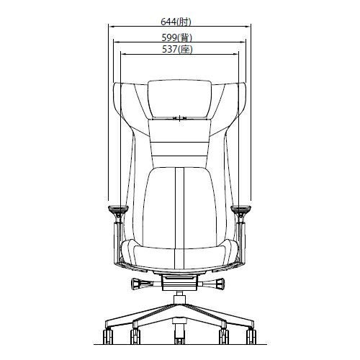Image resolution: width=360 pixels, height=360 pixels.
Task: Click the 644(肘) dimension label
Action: point(176,22)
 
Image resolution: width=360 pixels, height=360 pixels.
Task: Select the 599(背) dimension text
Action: point(176,37)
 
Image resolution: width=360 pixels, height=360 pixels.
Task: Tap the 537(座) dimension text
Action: point(177,50)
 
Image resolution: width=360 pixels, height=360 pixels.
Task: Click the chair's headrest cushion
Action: point(179,99)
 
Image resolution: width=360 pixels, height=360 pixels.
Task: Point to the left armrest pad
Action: point(118,208)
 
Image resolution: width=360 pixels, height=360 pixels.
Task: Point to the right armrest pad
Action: point(240,208)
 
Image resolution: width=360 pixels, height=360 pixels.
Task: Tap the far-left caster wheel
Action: point(108,336)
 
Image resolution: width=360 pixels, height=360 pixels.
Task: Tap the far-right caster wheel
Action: point(251,336)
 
